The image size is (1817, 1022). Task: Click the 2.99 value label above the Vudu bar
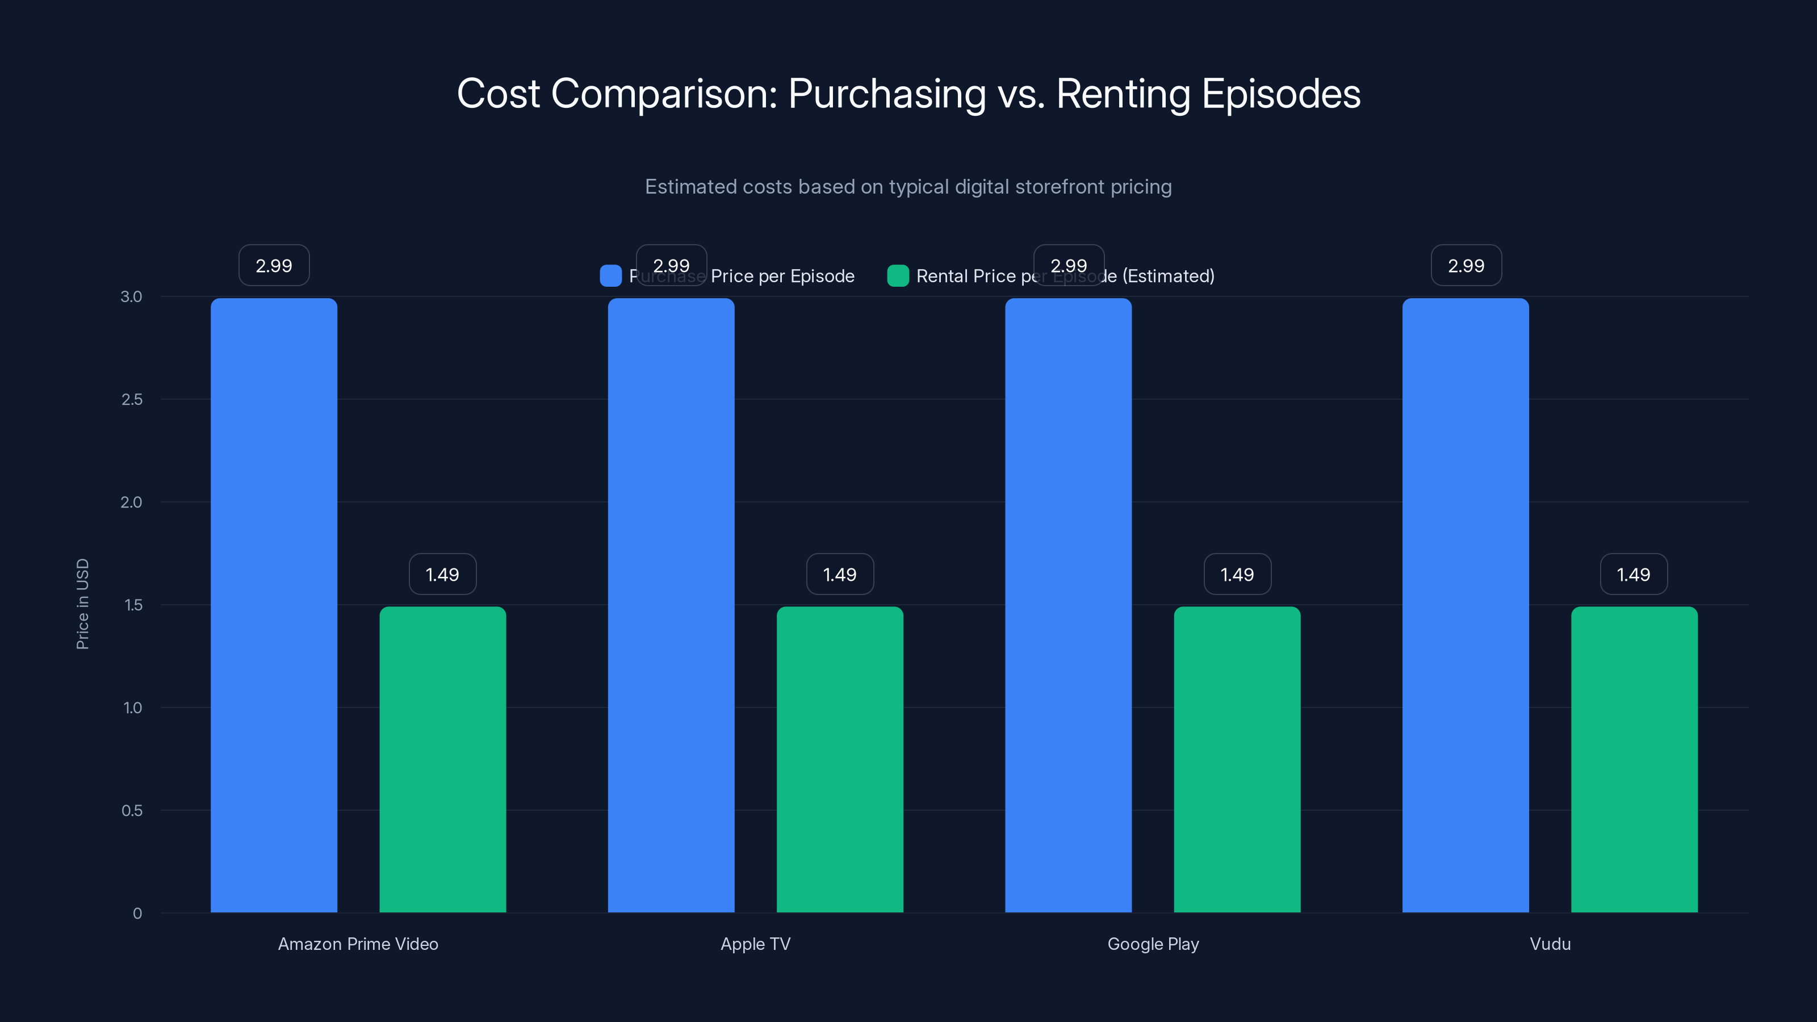pos(1466,266)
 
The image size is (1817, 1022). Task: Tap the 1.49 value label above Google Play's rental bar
pos(1237,575)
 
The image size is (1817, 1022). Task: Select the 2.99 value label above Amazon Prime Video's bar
pos(274,266)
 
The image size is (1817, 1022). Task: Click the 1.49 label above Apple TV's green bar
pos(839,575)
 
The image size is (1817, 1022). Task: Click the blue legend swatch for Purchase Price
pos(610,276)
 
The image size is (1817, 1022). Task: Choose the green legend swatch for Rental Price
pos(897,276)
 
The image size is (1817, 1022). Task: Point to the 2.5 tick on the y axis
pos(132,400)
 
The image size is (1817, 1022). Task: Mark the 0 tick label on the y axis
pos(137,914)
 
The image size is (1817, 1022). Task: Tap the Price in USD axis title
pos(82,604)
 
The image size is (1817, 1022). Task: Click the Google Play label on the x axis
pos(1153,944)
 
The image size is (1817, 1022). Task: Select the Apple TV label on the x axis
pos(755,944)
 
